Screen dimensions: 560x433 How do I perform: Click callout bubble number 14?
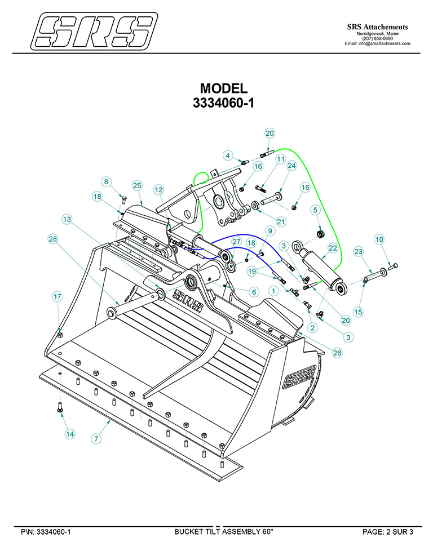tap(69, 434)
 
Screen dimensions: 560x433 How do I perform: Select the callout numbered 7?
tap(97, 438)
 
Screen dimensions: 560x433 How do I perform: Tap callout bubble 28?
tap(53, 239)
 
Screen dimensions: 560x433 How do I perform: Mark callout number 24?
tap(291, 166)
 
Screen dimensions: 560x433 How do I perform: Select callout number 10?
tap(380, 239)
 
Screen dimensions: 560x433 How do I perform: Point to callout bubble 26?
tap(337, 353)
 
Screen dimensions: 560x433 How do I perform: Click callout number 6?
tap(254, 292)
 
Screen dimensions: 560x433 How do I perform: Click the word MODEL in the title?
tap(224, 89)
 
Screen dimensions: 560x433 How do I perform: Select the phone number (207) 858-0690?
tap(377, 38)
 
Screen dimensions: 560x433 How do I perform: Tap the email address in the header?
tap(377, 43)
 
